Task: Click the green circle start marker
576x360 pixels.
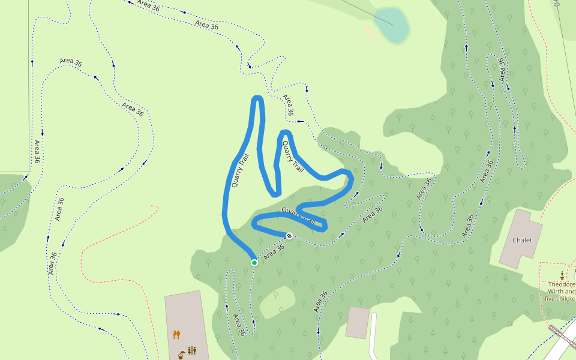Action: point(254,262)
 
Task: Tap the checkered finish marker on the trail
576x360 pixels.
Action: point(289,236)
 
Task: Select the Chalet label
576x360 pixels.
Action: point(522,240)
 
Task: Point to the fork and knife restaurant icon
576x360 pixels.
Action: point(176,334)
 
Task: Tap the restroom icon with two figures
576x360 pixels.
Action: point(192,350)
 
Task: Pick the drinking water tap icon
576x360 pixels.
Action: point(181,355)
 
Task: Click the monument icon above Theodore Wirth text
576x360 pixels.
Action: point(562,275)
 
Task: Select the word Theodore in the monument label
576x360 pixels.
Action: point(562,284)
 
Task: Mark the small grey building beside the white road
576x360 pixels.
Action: point(358,322)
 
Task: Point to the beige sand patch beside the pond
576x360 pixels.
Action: point(370,31)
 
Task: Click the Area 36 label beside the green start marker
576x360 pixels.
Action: point(274,251)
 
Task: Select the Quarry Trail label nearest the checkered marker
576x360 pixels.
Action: point(298,215)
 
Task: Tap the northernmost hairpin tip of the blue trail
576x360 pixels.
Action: point(257,98)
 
